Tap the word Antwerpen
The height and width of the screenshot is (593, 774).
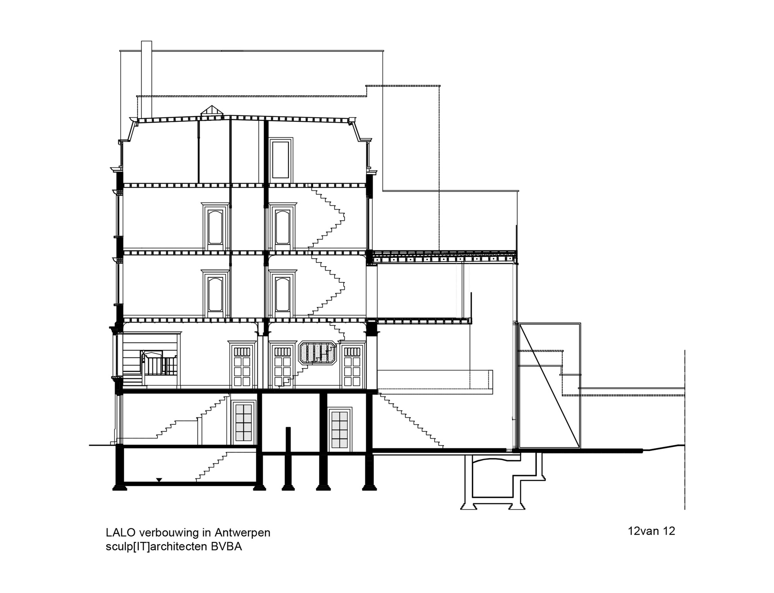tap(242, 533)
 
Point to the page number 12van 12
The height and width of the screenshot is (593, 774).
tap(651, 531)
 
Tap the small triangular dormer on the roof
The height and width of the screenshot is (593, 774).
tap(211, 111)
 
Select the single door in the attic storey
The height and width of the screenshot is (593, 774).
tap(281, 160)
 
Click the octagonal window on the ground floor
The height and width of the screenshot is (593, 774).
tap(318, 352)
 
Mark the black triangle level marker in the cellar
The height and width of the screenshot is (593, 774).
tap(159, 480)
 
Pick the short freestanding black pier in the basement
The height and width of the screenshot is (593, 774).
tap(288, 456)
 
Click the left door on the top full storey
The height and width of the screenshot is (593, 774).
tap(215, 227)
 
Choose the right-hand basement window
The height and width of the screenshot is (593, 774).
tap(339, 429)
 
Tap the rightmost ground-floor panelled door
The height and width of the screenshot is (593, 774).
tap(352, 366)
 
